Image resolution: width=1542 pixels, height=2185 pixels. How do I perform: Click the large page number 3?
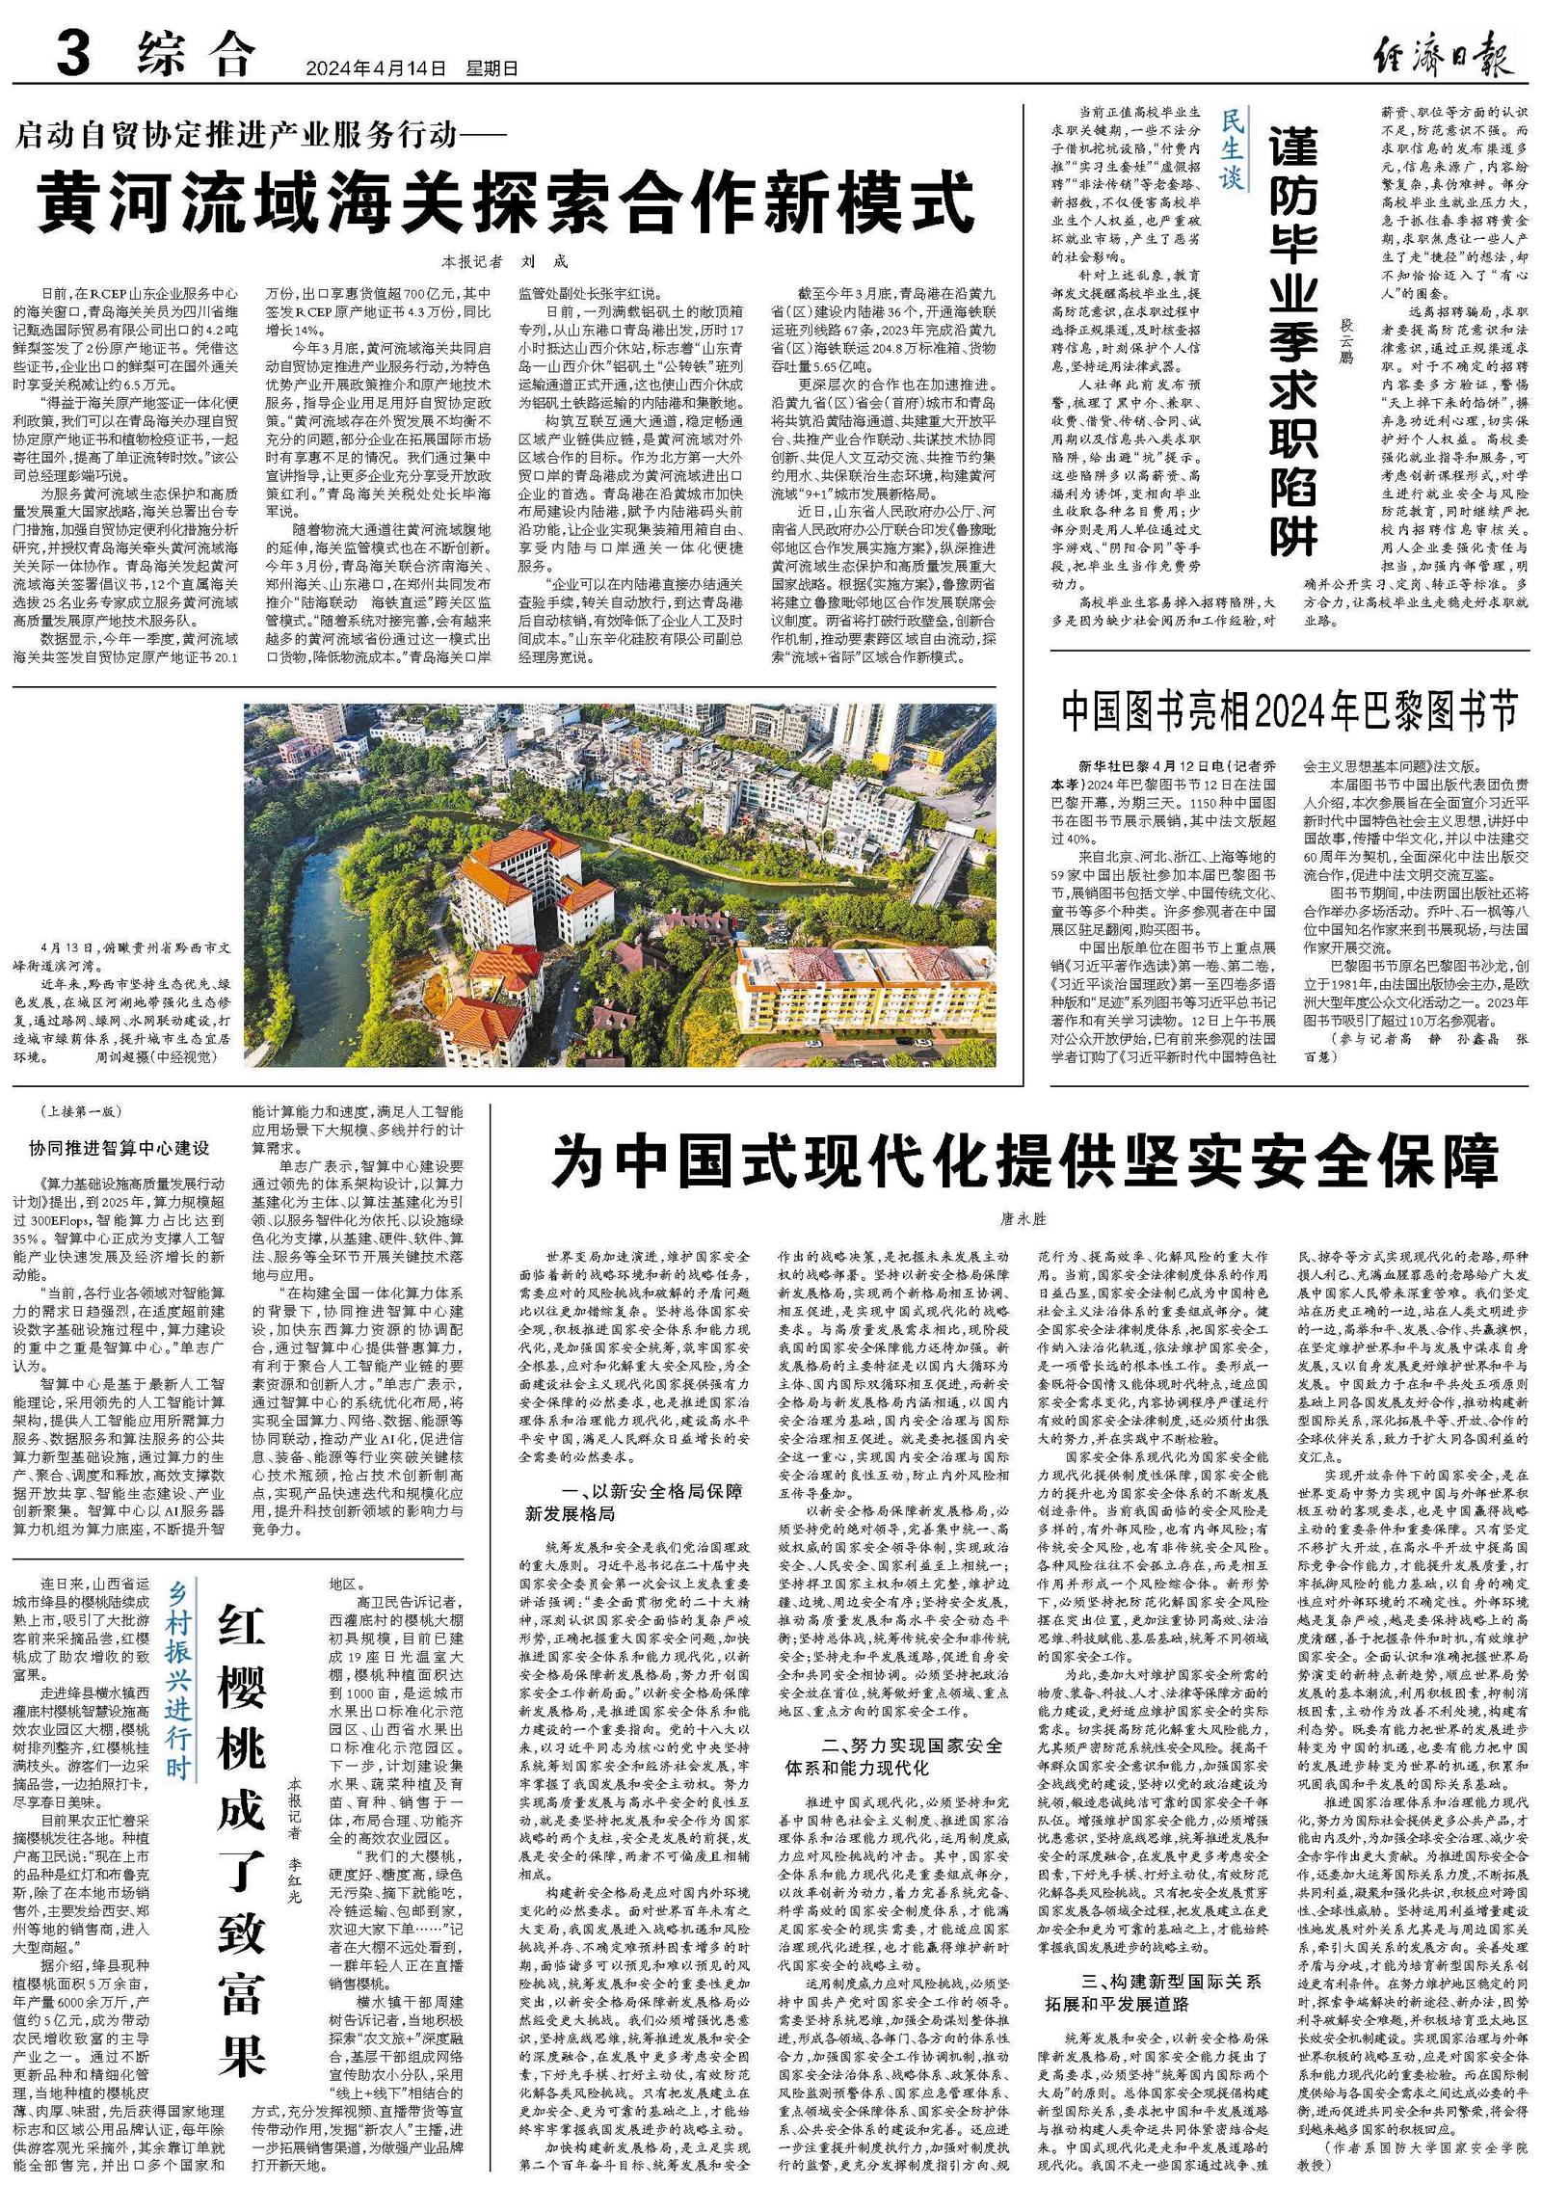tap(73, 53)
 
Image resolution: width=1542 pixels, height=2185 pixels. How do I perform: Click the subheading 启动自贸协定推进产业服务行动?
tap(246, 135)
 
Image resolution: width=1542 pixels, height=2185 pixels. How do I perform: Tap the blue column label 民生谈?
tap(1232, 150)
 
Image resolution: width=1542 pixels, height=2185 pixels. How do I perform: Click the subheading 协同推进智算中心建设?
tap(119, 1148)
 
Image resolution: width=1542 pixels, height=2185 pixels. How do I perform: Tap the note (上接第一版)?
tap(80, 1110)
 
